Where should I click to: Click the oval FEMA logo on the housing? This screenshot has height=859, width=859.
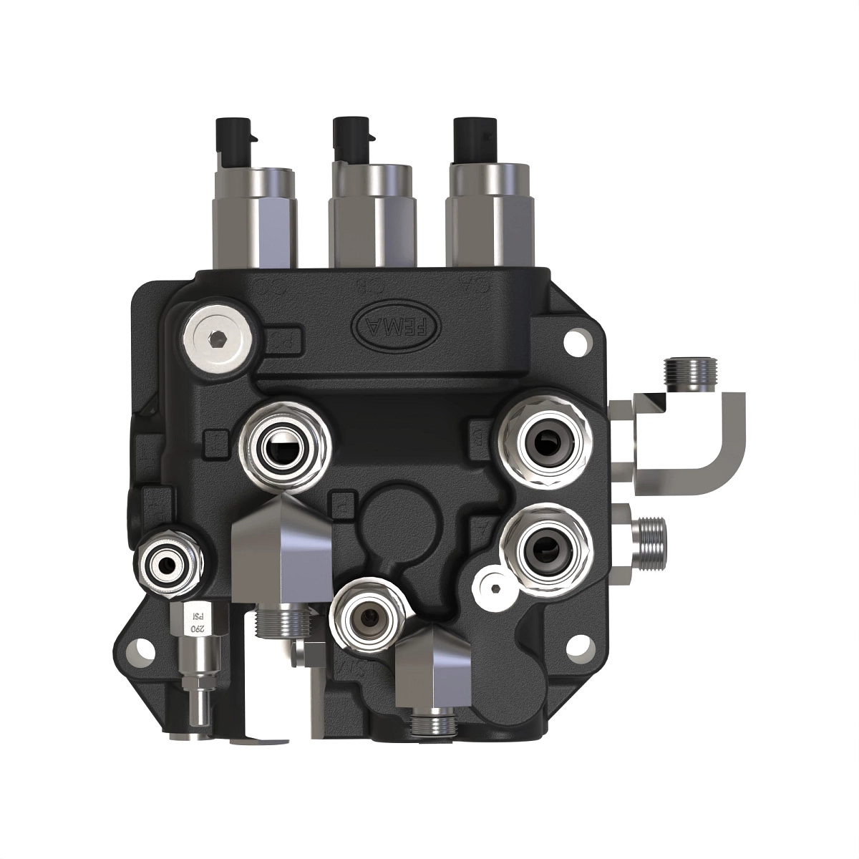pos(395,326)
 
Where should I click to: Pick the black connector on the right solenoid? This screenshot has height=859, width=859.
pos(474,140)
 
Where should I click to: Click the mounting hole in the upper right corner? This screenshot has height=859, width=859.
pos(575,341)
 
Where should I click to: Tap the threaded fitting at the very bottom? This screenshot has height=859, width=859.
pos(432,724)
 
